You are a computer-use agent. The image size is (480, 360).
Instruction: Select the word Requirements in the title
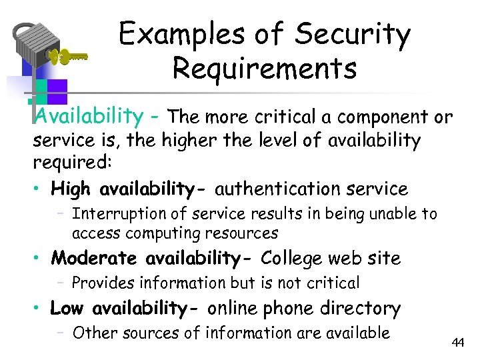click(x=264, y=68)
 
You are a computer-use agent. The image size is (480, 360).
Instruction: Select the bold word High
click(x=73, y=189)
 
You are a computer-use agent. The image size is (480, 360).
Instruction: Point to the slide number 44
click(x=457, y=343)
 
